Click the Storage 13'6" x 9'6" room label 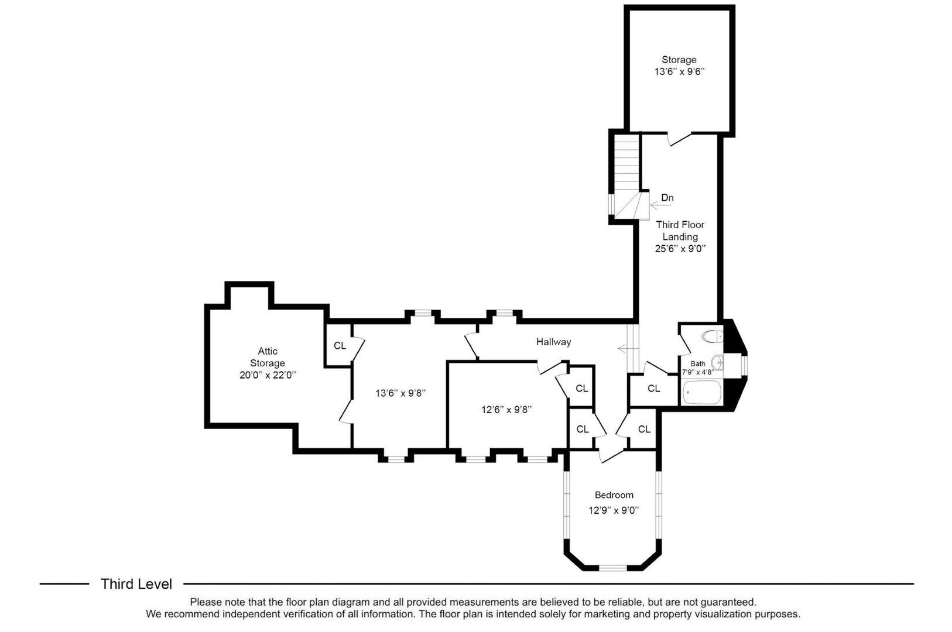(x=679, y=66)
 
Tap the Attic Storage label (x=268, y=357)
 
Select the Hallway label (x=553, y=342)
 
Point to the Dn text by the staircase (x=667, y=198)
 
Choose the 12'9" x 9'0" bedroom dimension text (x=614, y=510)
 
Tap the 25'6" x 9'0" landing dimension (x=680, y=248)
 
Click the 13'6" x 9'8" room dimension (x=400, y=393)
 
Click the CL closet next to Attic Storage (x=340, y=346)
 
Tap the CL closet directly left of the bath (x=654, y=389)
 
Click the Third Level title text (x=136, y=584)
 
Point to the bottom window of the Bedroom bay (x=613, y=568)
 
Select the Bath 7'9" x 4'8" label (x=698, y=367)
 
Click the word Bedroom (x=614, y=495)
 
